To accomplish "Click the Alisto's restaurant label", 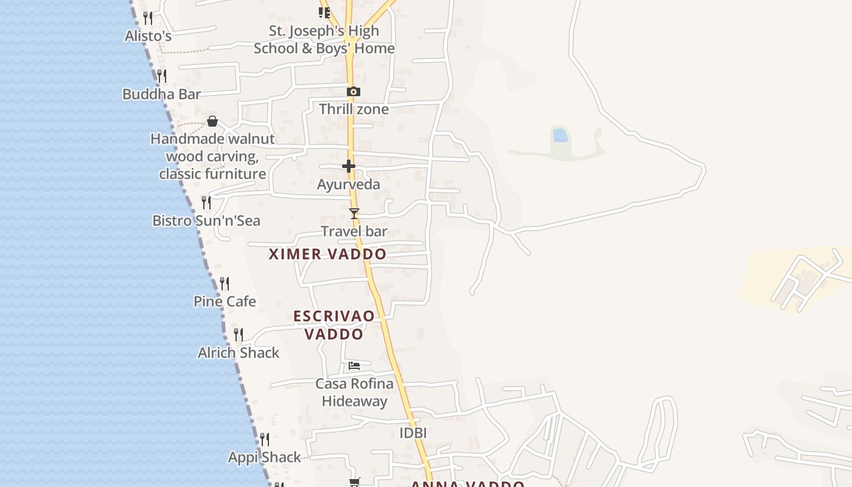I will click(x=148, y=37).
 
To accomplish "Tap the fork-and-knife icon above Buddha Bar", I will click(x=162, y=76).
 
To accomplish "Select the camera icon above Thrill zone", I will click(x=354, y=92).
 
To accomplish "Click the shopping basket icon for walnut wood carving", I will click(x=212, y=121).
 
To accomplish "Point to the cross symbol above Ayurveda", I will click(x=349, y=166).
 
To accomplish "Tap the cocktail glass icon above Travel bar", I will click(x=354, y=214).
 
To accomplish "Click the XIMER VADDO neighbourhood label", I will click(x=327, y=254).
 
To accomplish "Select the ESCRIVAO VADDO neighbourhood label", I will click(x=334, y=325).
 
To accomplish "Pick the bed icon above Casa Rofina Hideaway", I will click(x=354, y=366).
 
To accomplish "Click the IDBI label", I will click(x=413, y=433).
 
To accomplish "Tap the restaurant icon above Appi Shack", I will click(x=265, y=439).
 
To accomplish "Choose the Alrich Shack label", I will click(x=239, y=353).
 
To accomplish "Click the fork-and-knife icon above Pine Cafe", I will click(x=225, y=284).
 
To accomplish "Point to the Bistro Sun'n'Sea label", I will click(x=206, y=220).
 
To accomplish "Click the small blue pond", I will click(x=560, y=135).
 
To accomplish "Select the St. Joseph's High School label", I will click(x=324, y=40).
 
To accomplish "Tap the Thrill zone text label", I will click(x=354, y=110).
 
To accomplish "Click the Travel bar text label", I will click(x=354, y=232).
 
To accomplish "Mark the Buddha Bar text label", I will click(x=161, y=94).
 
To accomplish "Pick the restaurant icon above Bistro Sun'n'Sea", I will click(x=206, y=202).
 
